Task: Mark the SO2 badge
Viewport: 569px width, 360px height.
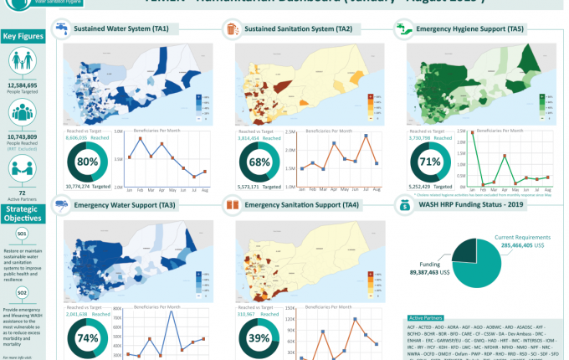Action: point(23,291)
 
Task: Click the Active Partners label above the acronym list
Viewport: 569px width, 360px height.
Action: point(427,318)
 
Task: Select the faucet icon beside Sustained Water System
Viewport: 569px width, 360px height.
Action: point(61,29)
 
